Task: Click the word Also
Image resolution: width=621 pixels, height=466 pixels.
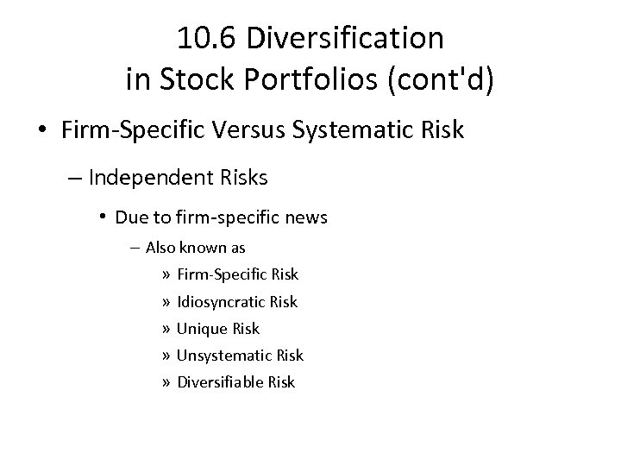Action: pos(160,248)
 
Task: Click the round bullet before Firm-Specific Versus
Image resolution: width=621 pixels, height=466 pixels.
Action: pos(41,131)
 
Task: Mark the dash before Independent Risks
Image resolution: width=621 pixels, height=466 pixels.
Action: pos(74,179)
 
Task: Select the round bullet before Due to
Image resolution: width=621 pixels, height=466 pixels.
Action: pos(102,217)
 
